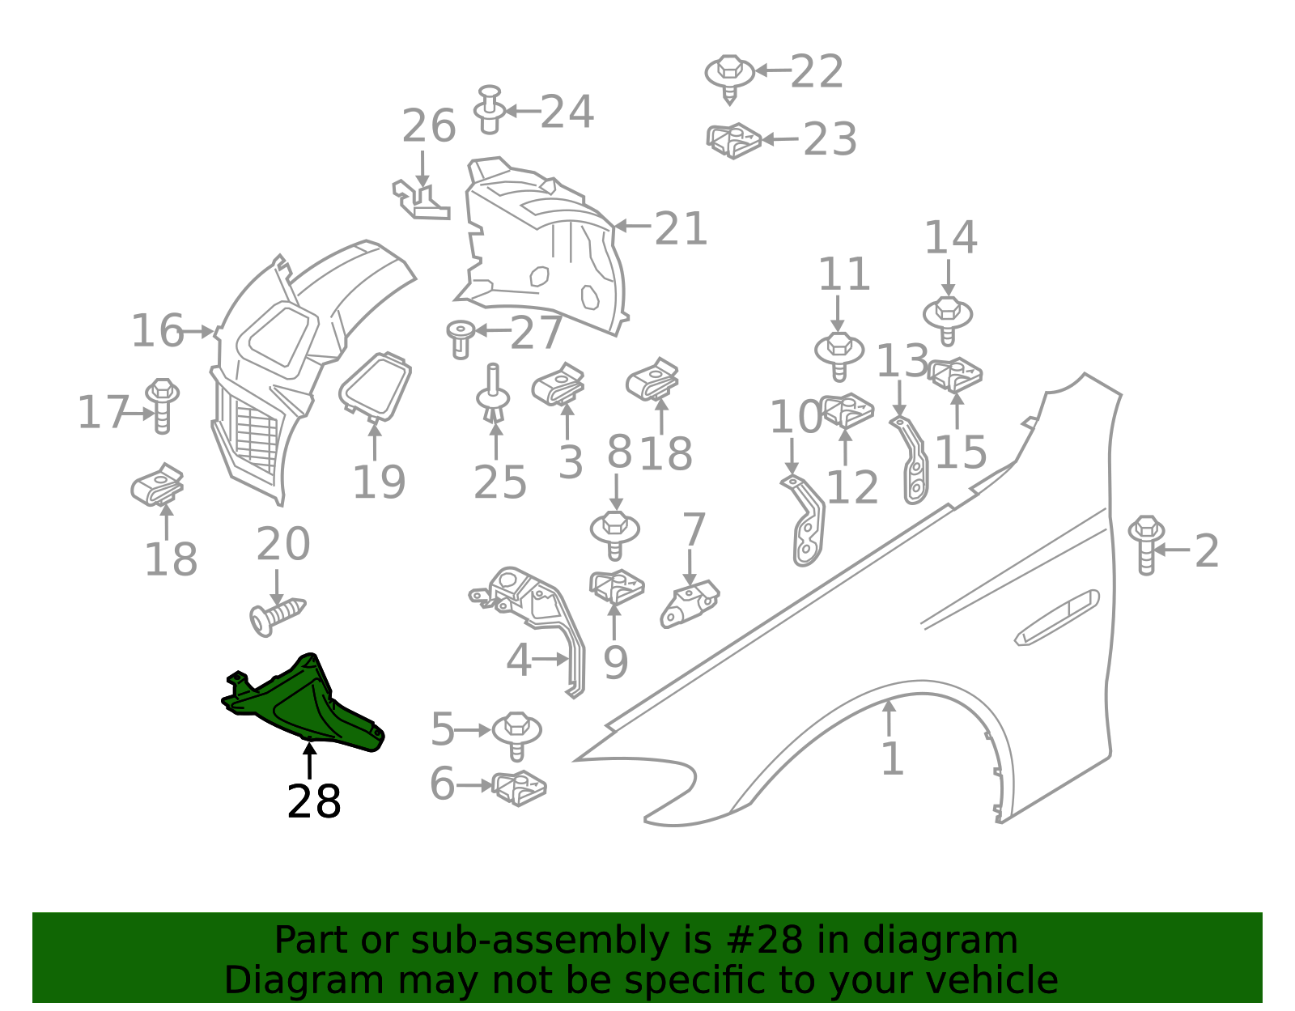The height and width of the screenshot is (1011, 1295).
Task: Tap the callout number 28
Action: point(314,802)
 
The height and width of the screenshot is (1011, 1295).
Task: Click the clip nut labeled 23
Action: point(734,141)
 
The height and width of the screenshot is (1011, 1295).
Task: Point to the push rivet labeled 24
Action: point(490,109)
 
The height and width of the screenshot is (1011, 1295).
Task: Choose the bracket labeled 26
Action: point(421,200)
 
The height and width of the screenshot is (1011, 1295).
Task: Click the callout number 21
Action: point(681,229)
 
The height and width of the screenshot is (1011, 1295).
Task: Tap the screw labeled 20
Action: point(277,618)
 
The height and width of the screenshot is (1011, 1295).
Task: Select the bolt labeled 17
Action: point(162,406)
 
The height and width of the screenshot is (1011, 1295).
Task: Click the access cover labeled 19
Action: point(376,387)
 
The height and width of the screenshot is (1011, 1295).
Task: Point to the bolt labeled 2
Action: point(1146,545)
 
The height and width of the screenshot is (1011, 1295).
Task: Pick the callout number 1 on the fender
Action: point(892,758)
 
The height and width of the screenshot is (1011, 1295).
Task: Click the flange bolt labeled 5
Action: point(516,736)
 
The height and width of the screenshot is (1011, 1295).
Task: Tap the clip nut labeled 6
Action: point(519,788)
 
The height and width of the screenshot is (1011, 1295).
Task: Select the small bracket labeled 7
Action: point(690,604)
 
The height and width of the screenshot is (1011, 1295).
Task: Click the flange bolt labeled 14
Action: point(948,321)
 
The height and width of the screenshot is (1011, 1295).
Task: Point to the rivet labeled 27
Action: point(461,340)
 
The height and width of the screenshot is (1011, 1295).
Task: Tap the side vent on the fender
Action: point(1057,618)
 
